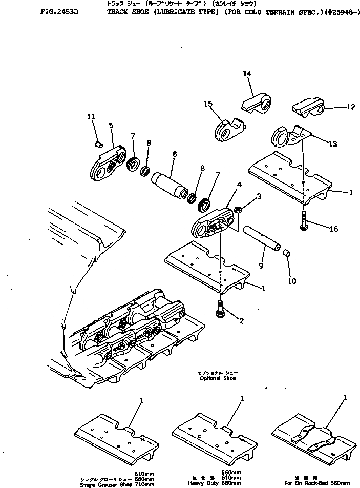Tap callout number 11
pos(91,117)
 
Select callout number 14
pos(247,74)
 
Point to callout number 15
pos(208,104)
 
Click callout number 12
pos(351,107)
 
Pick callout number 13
pos(333,144)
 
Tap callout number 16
pos(333,229)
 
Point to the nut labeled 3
pos(239,209)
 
